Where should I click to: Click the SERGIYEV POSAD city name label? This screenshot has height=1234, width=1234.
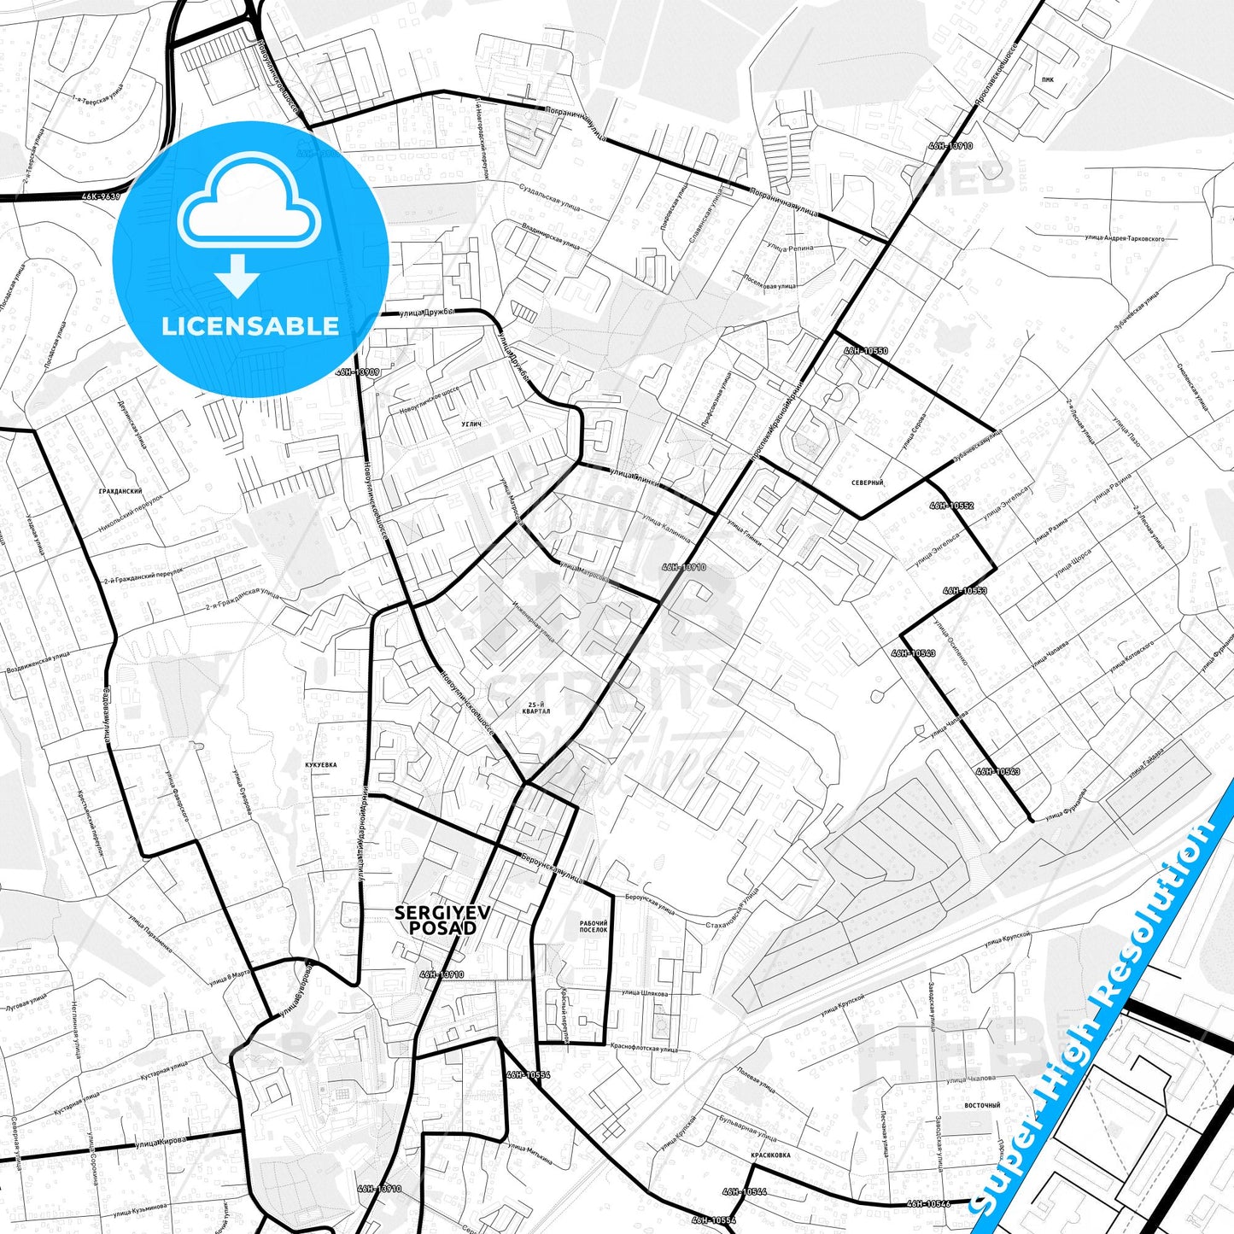click(x=442, y=920)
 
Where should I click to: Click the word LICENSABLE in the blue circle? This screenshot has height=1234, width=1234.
click(x=250, y=326)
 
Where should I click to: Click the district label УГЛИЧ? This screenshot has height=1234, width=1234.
click(x=471, y=424)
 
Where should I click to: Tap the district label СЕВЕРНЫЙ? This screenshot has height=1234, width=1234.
click(x=867, y=483)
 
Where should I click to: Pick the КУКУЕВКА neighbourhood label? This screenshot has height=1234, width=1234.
click(x=320, y=765)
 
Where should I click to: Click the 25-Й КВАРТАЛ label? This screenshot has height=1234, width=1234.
click(x=536, y=707)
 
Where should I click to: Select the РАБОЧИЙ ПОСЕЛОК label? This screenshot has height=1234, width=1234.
click(x=594, y=927)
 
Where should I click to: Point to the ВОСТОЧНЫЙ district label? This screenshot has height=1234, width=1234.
click(x=982, y=1105)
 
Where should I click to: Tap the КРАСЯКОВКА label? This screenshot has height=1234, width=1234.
click(x=770, y=1155)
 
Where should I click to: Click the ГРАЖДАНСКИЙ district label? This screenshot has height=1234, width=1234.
click(x=120, y=492)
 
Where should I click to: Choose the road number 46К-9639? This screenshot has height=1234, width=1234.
click(x=101, y=196)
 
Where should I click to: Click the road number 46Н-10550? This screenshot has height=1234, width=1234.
click(x=866, y=351)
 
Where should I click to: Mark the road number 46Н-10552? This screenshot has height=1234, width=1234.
click(x=951, y=506)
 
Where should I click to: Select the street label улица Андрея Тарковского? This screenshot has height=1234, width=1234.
click(x=1125, y=239)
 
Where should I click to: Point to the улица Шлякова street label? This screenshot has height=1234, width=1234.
click(x=645, y=993)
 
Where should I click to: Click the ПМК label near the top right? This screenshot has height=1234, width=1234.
click(x=1048, y=79)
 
